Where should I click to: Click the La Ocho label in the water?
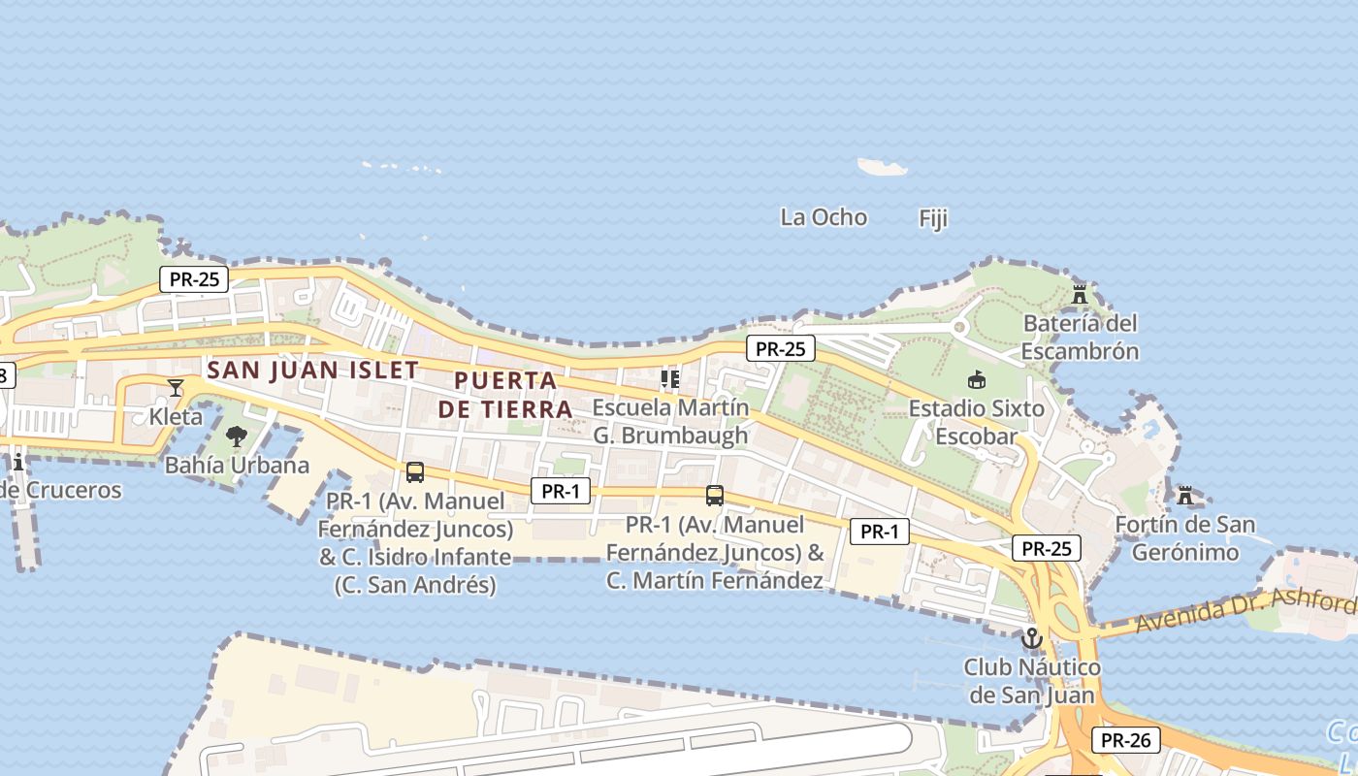(x=824, y=217)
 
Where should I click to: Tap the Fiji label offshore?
(x=932, y=219)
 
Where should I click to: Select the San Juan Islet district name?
(x=312, y=370)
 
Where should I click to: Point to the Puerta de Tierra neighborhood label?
(x=505, y=395)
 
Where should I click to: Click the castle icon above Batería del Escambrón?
(x=1080, y=294)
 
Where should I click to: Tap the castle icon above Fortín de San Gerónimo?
(x=1184, y=496)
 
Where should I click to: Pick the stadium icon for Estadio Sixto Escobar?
(x=976, y=380)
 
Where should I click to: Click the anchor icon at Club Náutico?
(x=1031, y=638)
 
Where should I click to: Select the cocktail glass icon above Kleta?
(x=176, y=388)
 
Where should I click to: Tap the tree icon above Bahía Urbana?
(x=237, y=436)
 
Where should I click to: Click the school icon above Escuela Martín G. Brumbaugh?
(x=669, y=378)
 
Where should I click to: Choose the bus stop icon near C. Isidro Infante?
(x=415, y=472)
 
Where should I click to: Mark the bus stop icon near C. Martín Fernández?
(x=715, y=496)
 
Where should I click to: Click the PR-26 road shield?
(x=1126, y=740)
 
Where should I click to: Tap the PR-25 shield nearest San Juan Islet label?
(x=194, y=279)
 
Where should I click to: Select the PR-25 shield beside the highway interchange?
(x=1046, y=548)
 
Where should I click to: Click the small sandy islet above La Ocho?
(x=883, y=167)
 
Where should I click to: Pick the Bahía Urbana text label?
(x=237, y=465)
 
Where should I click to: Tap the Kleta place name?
(x=176, y=417)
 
